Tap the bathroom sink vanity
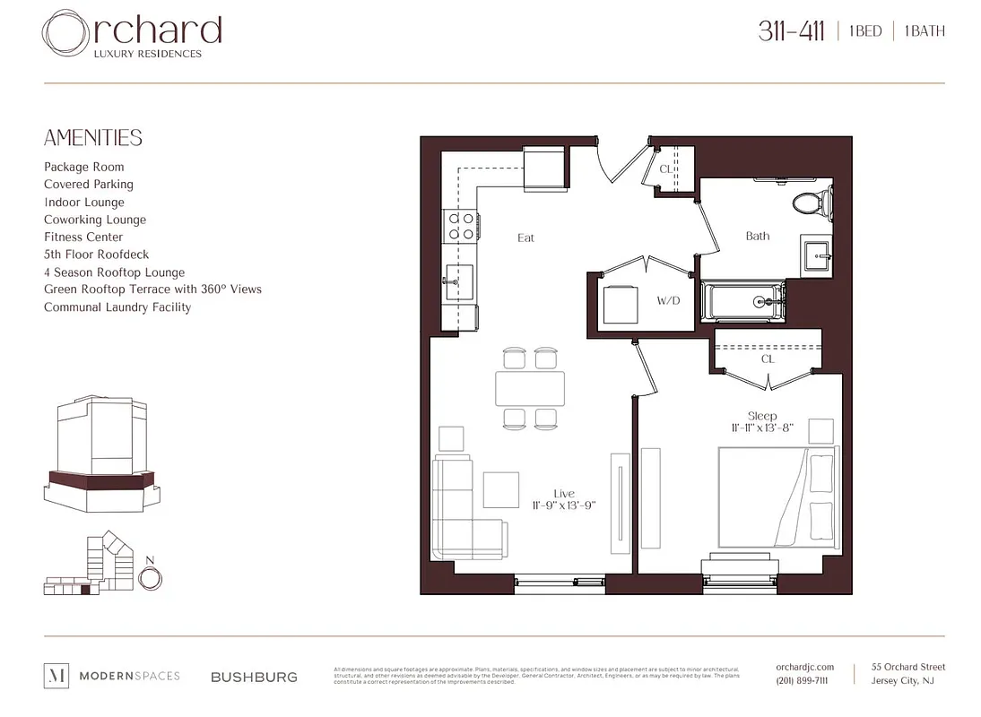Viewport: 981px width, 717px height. click(816, 255)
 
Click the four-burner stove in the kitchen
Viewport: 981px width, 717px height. click(461, 226)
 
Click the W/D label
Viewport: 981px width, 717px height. click(668, 301)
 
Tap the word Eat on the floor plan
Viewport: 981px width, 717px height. click(526, 238)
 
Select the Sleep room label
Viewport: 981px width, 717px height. click(762, 416)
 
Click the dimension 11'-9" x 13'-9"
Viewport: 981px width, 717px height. click(563, 505)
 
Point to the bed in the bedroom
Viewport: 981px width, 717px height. click(777, 497)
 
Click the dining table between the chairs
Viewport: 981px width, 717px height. click(530, 388)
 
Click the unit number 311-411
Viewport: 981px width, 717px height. click(791, 31)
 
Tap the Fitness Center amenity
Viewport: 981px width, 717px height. click(83, 237)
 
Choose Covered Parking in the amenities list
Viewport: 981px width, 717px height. click(89, 185)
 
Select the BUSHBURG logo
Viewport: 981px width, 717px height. click(254, 677)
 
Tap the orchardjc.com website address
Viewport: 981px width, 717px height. click(804, 667)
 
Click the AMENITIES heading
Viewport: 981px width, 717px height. click(93, 138)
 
